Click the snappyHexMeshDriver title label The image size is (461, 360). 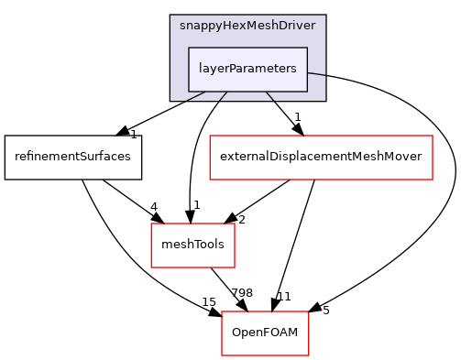tap(247, 26)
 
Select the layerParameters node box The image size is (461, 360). tap(247, 70)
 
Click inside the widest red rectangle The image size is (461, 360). tap(321, 158)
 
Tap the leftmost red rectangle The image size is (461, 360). tap(192, 245)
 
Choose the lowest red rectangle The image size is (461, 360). tap(265, 333)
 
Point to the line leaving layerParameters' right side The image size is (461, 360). tap(316, 73)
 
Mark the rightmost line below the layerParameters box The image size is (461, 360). tap(270, 96)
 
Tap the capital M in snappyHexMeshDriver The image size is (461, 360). tap(251, 26)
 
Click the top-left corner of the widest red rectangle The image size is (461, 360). tap(210, 136)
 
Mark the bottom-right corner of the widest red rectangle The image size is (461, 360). tap(432, 180)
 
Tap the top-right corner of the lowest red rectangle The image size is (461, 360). tap(308, 312)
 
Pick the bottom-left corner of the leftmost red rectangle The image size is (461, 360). tap(151, 267)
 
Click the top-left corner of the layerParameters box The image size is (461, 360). tap(189, 48)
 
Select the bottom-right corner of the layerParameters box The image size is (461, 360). tap(307, 92)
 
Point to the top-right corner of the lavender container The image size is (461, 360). tap(325, 16)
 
